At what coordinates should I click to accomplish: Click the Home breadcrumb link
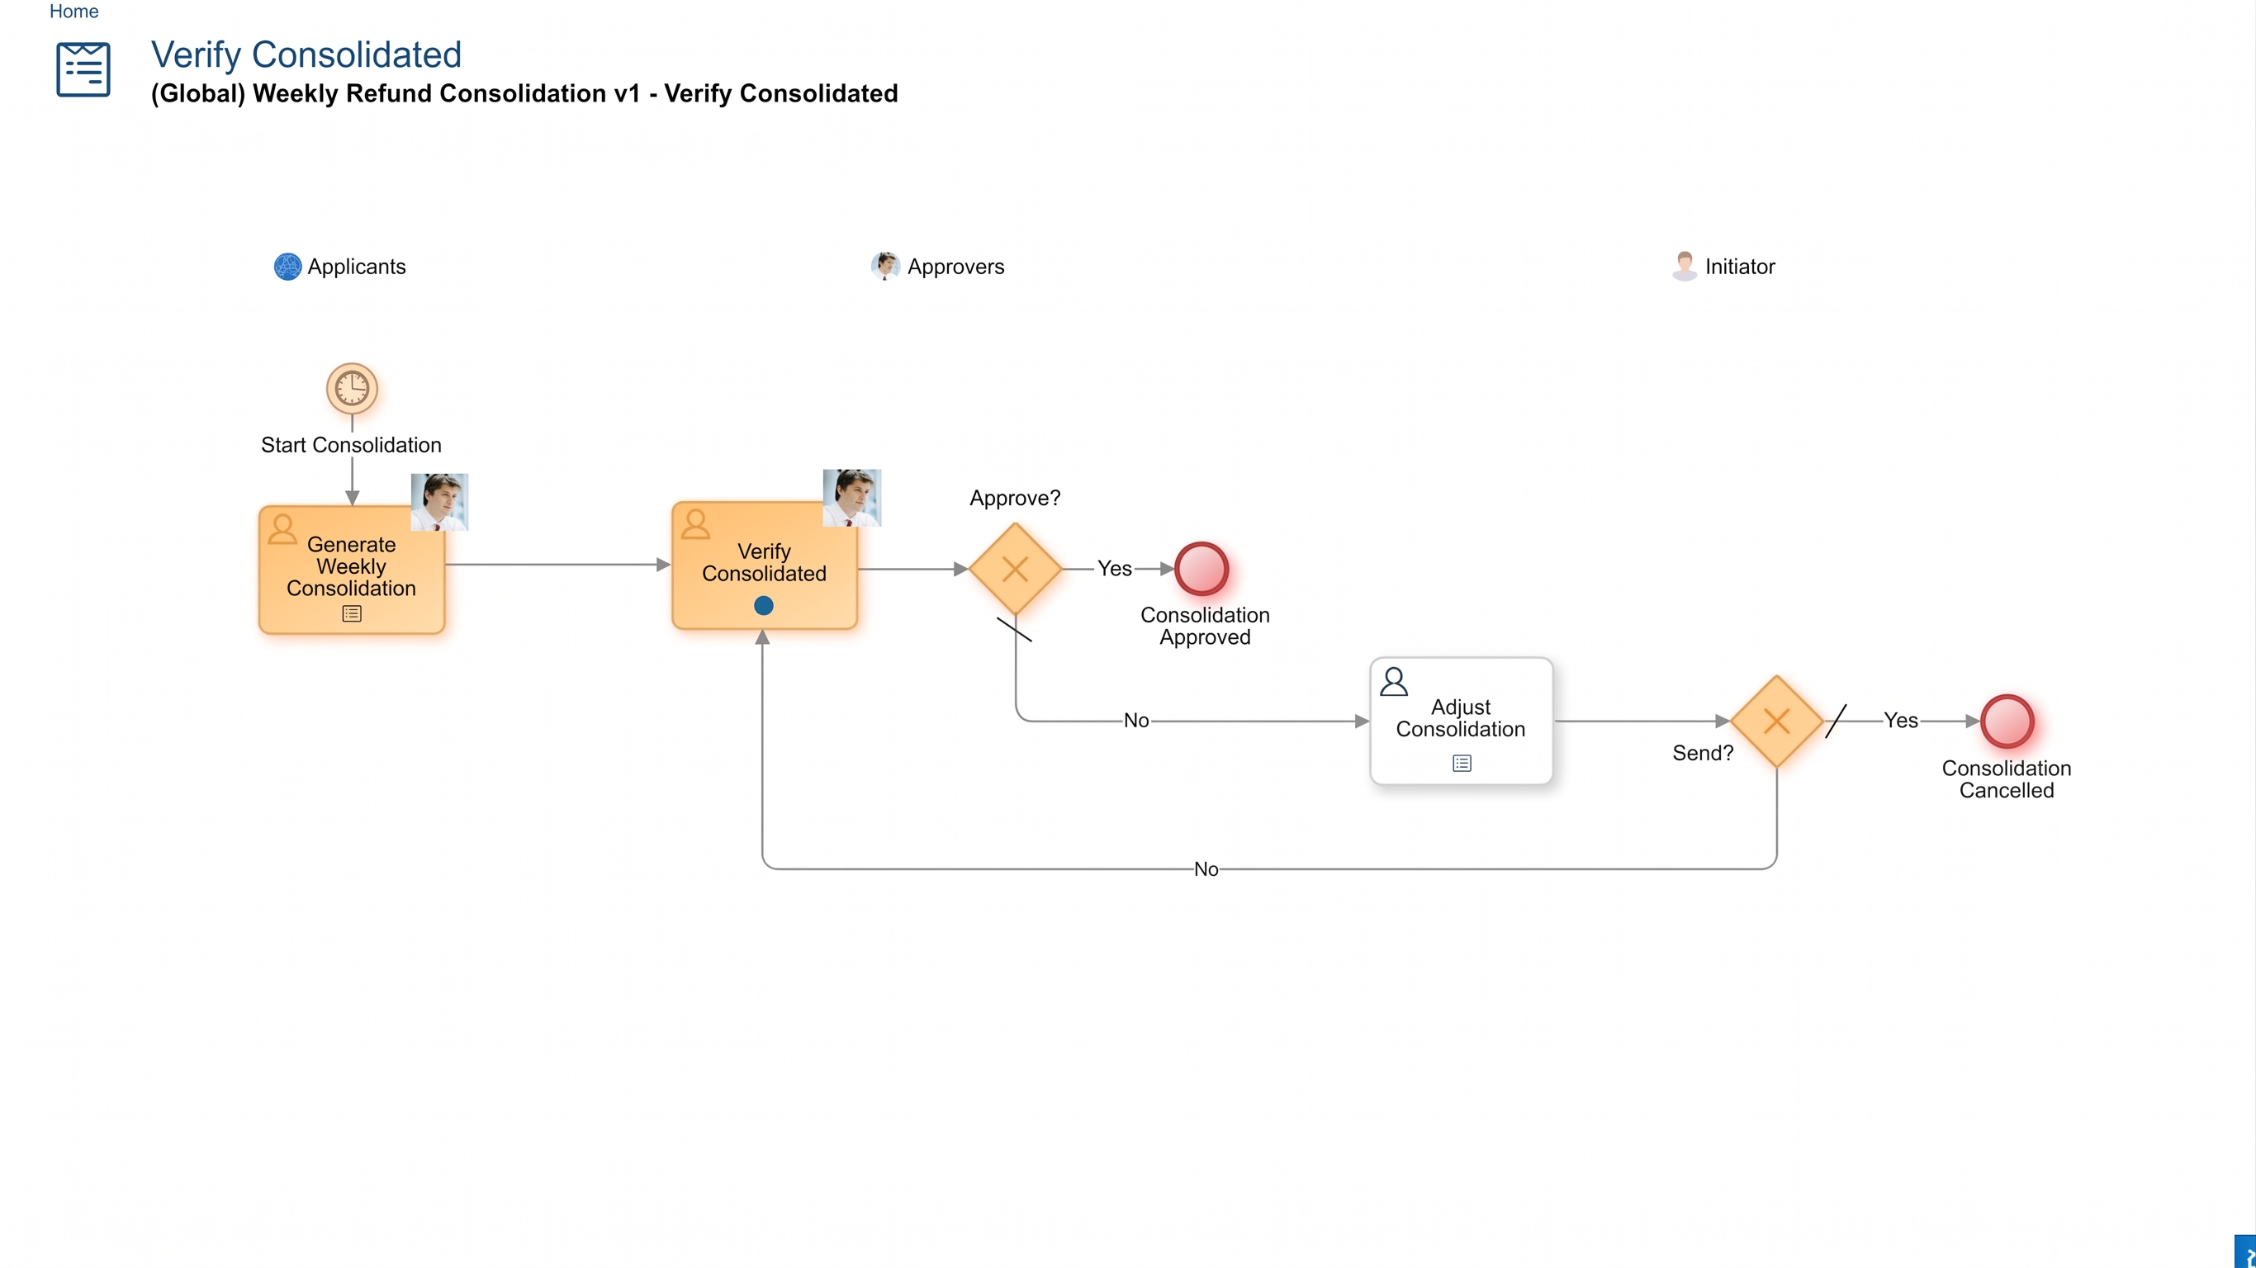73,12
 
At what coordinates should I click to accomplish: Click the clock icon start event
352,388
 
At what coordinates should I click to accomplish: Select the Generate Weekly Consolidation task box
352,570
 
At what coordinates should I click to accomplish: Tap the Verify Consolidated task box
764,565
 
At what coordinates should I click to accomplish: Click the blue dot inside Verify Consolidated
764,605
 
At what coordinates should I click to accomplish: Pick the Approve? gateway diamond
1015,570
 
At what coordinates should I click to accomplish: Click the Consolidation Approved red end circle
1201,570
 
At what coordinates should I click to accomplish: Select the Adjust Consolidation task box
1461,721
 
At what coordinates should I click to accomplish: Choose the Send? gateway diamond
1777,721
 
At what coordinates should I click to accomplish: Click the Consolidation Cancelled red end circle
2007,721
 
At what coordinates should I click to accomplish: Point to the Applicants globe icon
287,266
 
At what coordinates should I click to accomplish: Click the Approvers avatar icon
885,266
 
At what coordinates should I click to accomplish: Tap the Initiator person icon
1684,266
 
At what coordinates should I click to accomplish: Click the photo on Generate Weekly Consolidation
439,502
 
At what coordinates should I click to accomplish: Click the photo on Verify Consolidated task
852,498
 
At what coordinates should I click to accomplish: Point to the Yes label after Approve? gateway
1115,568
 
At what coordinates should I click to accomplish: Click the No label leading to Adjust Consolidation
1137,721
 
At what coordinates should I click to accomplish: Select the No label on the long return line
1206,869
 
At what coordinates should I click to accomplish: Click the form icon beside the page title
83,69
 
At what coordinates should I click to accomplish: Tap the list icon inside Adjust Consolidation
1462,764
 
